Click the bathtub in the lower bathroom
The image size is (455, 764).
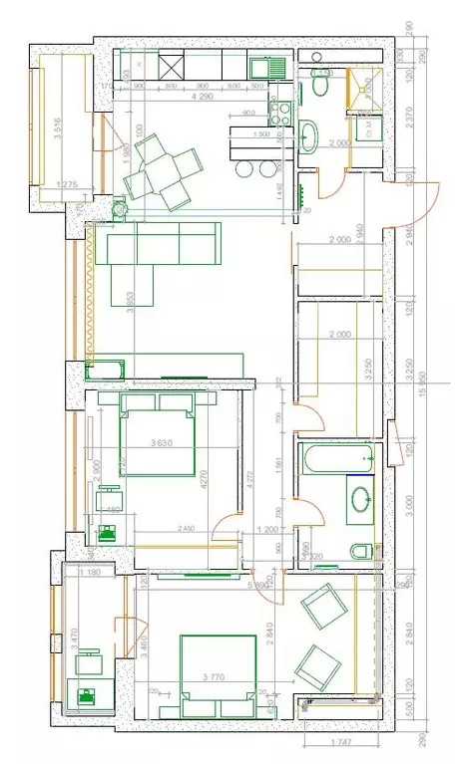click(338, 460)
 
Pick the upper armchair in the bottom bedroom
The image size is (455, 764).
click(322, 605)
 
